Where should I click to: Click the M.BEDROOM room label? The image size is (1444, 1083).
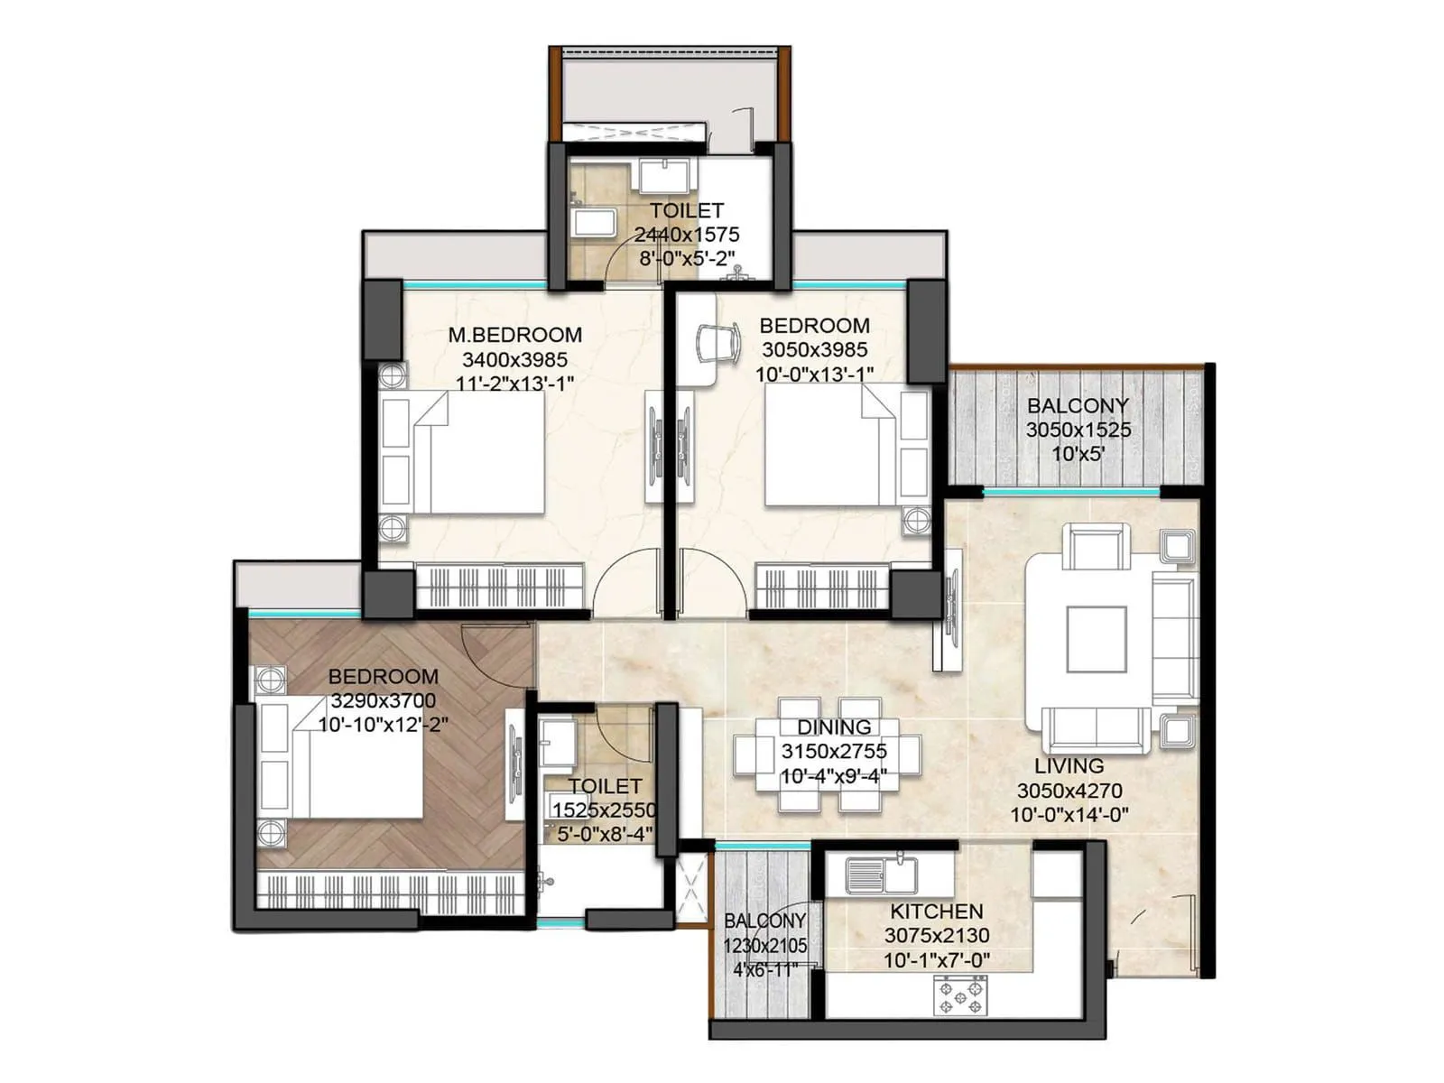(514, 335)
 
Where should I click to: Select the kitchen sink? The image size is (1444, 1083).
(881, 874)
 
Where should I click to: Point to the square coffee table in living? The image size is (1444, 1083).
(1096, 639)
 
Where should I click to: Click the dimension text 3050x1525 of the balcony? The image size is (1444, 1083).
(1078, 430)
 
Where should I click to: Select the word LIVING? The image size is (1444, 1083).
(1069, 766)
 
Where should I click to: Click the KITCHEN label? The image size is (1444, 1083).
(936, 912)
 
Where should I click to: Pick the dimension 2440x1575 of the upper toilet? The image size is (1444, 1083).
(686, 235)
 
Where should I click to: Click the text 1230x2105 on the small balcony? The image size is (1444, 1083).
(764, 946)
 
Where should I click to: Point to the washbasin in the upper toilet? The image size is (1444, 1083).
(666, 175)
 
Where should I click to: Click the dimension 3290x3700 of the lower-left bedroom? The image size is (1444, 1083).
(383, 700)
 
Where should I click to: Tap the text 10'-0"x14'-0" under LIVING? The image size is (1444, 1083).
(1069, 815)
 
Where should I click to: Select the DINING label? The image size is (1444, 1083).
(833, 727)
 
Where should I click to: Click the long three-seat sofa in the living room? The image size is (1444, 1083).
(1174, 641)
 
